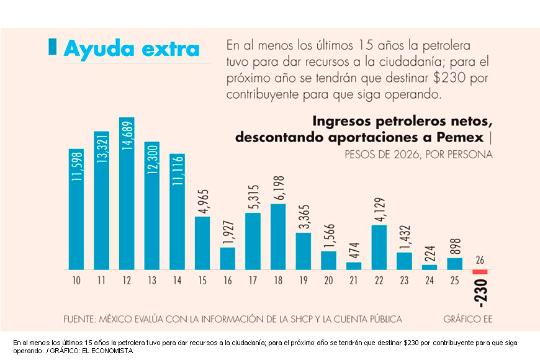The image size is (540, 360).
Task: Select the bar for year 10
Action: pos(76,210)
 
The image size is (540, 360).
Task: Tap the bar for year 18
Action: pos(278,236)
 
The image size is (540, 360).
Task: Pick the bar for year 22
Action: pos(379,247)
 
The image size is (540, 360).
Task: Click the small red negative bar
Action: pos(480,272)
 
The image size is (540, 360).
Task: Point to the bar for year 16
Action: pos(228,258)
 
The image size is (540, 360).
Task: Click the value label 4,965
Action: pos(202,201)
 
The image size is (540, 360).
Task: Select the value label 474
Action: pos(354,250)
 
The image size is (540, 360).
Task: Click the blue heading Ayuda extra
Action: pos(132,48)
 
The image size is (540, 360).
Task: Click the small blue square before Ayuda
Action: pos(52,47)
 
